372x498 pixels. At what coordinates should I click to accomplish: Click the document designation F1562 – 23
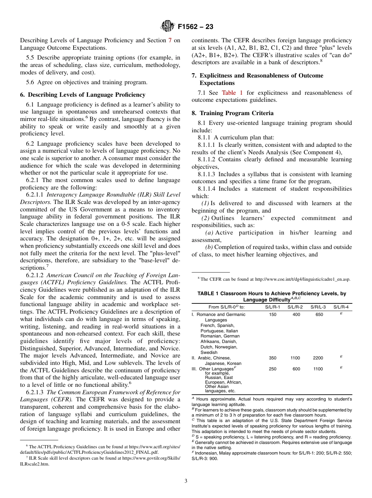(195, 27)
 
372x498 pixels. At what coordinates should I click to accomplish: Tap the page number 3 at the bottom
(186, 481)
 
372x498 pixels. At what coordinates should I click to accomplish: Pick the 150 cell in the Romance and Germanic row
(273, 314)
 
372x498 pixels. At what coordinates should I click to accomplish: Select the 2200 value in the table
(318, 358)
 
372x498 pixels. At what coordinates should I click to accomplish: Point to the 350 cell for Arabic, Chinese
(273, 358)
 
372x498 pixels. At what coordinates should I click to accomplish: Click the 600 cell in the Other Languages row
(296, 369)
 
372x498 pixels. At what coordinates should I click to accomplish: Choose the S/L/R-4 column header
(341, 307)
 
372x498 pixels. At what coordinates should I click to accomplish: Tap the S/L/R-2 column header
(295, 307)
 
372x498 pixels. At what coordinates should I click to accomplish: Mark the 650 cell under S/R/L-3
(319, 314)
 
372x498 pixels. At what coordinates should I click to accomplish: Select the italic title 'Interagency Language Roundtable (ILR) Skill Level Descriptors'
(100, 198)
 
